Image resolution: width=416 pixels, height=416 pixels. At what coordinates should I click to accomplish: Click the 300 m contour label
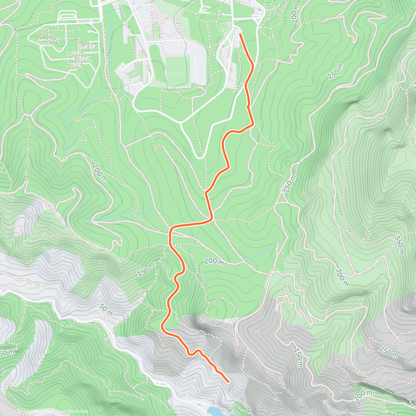pyautogui.click(x=342, y=277)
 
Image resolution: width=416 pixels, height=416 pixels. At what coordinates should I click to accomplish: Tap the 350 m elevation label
pyautogui.click(x=399, y=245)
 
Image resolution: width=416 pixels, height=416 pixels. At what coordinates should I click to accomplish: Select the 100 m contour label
pyautogui.click(x=363, y=393)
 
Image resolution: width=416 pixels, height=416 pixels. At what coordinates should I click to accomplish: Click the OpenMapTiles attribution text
pyautogui.click(x=35, y=411)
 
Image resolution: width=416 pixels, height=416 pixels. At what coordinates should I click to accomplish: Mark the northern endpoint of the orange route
pyautogui.click(x=240, y=34)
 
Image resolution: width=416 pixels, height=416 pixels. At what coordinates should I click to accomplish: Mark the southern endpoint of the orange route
pyautogui.click(x=228, y=382)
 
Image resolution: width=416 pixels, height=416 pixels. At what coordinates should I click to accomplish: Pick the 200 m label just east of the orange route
pyautogui.click(x=214, y=261)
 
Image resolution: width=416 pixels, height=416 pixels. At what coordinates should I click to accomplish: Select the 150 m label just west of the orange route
pyautogui.click(x=146, y=269)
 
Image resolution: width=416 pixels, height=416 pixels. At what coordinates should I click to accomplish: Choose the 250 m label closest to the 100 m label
pyautogui.click(x=388, y=352)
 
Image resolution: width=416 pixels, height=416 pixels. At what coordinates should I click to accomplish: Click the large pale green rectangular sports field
pyautogui.click(x=177, y=69)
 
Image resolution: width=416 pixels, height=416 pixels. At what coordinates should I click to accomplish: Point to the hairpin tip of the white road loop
pyautogui.click(x=200, y=157)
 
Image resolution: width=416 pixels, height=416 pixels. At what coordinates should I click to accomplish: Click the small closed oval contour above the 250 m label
pyautogui.click(x=288, y=163)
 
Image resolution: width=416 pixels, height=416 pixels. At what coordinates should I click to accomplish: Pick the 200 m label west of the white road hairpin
pyautogui.click(x=99, y=172)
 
